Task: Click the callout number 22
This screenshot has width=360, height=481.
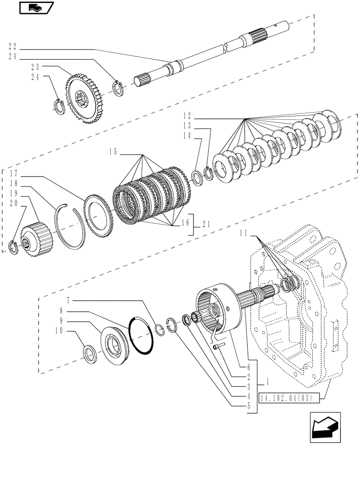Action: [x=13, y=47]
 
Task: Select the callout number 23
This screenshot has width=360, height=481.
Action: [x=13, y=67]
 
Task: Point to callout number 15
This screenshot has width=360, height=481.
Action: [x=113, y=152]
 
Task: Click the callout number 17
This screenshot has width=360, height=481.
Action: [x=13, y=173]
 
